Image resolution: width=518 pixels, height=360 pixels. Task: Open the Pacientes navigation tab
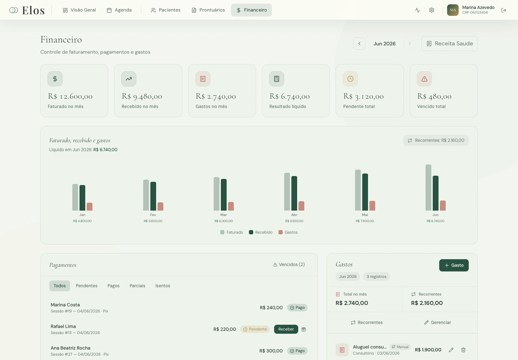point(165,10)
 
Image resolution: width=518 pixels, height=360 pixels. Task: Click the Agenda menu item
point(119,10)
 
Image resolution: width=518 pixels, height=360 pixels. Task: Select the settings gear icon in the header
point(432,10)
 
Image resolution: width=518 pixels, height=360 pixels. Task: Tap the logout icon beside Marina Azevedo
point(504,10)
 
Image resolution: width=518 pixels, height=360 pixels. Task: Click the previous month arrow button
point(359,44)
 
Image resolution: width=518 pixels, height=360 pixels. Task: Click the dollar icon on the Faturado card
point(55,79)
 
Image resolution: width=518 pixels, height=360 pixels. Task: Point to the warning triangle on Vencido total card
point(424,79)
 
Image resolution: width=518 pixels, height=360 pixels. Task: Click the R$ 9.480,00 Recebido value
point(142,96)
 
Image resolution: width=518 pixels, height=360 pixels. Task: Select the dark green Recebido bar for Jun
point(435,193)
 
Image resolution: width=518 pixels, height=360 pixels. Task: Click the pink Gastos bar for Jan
point(90,207)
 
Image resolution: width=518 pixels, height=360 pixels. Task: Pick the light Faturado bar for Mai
point(358,190)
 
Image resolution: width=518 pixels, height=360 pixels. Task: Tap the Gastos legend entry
point(288,232)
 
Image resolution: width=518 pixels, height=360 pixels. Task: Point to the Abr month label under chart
point(294,215)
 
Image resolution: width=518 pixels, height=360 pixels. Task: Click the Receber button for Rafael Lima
point(286,329)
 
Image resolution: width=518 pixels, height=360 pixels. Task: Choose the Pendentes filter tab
point(86,286)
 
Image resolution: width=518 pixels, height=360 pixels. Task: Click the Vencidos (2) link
point(289,265)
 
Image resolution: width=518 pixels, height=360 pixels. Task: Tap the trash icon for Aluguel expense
point(463,350)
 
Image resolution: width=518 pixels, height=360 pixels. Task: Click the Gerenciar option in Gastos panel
point(438,323)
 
